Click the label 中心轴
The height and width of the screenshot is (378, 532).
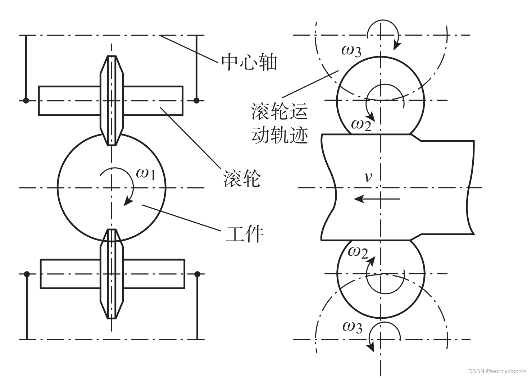coord(249,62)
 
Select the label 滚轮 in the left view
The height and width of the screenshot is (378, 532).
coord(242,178)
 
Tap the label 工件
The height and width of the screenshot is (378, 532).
coord(245,234)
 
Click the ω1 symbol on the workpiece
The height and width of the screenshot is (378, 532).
coord(146,174)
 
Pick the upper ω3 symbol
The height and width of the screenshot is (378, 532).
coord(351,51)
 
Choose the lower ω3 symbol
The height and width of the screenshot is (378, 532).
coord(352,327)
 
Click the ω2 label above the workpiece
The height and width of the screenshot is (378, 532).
coord(361,125)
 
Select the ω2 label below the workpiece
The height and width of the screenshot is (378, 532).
coord(358,252)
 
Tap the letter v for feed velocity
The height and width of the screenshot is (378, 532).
coord(368,177)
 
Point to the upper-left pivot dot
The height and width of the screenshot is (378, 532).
coord(26,100)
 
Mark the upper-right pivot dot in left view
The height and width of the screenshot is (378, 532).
coord(196,100)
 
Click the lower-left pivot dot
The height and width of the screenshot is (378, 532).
coord(27,274)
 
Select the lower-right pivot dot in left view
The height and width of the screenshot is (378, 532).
coord(197,274)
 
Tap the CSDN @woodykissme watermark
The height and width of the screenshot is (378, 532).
coord(497,371)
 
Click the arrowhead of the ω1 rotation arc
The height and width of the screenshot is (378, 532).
coord(127,202)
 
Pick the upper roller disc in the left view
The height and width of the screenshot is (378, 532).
coord(112,100)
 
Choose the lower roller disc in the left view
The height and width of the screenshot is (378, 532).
coord(112,274)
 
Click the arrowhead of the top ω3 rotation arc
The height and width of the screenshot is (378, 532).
coord(396,46)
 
